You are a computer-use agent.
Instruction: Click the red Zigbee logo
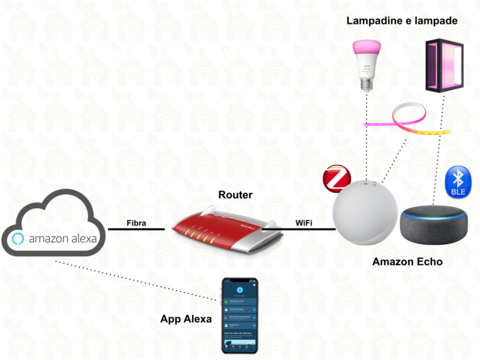(337, 177)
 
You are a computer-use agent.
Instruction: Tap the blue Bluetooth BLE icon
(457, 182)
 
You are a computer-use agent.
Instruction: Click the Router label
(235, 195)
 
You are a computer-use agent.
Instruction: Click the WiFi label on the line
(304, 222)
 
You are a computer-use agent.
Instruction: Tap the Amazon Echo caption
(407, 262)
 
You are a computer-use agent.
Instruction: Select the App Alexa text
(186, 319)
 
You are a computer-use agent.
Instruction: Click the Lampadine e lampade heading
(402, 21)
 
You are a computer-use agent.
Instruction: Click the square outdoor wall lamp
(444, 66)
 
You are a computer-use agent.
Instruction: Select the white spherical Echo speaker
(366, 216)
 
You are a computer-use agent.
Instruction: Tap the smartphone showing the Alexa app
(239, 316)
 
